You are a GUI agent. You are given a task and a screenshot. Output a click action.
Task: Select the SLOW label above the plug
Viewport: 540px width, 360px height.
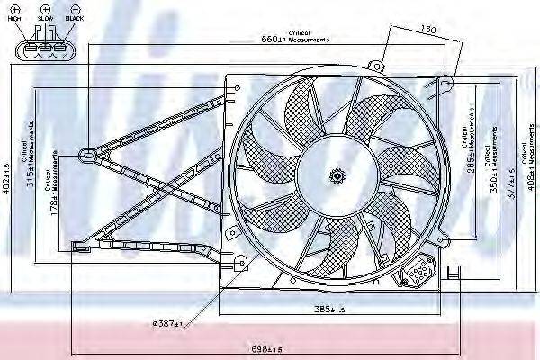pyautogui.click(x=45, y=18)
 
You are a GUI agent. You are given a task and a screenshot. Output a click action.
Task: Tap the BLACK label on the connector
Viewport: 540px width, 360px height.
pyautogui.click(x=74, y=18)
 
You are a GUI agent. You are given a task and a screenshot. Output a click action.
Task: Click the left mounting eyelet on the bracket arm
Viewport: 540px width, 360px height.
pyautogui.click(x=88, y=154)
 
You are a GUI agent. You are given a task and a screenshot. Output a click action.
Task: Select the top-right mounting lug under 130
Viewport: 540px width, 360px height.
pyautogui.click(x=446, y=84)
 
